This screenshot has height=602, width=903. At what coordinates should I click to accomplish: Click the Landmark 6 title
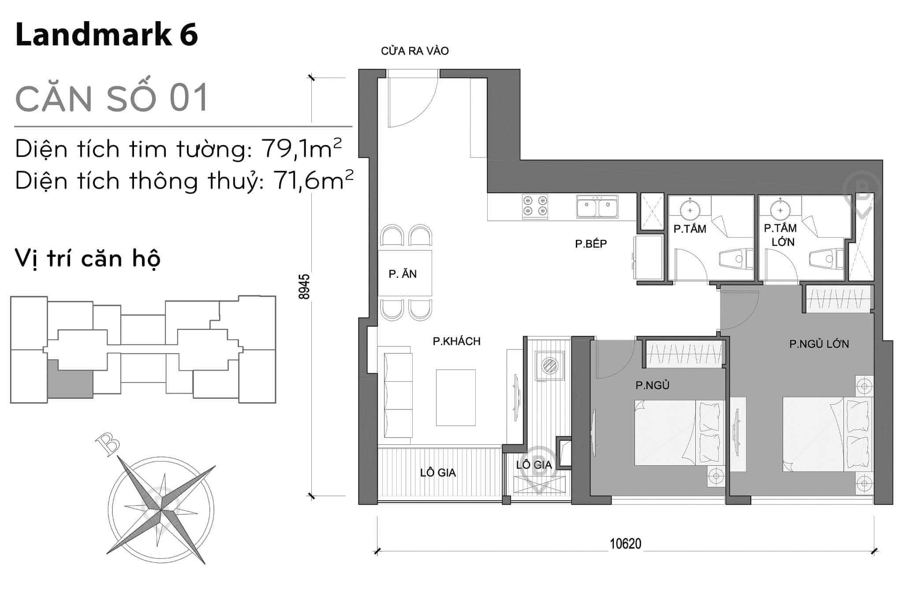point(107,35)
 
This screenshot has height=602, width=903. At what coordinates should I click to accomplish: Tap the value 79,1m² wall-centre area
point(302,149)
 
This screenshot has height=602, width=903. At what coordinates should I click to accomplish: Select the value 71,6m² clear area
point(313,181)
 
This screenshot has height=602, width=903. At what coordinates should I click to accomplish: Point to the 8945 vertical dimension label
point(305,287)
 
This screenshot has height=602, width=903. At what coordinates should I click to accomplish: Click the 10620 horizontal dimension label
point(625,544)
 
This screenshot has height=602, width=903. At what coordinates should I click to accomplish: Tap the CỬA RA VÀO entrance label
point(414,51)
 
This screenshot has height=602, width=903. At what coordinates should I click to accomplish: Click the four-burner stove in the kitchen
point(535,206)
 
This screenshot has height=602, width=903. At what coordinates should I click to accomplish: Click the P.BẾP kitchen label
point(591,244)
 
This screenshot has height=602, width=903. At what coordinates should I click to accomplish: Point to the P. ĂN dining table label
point(403,274)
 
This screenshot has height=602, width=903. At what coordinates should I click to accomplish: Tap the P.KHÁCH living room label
point(456,341)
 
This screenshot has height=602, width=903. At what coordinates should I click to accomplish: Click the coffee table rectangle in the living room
point(455,397)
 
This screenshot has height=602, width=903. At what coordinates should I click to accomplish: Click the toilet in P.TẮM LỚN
point(825,259)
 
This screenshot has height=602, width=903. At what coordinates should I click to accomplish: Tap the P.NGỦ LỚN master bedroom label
point(819,344)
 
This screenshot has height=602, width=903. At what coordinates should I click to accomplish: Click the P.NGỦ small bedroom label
point(652,386)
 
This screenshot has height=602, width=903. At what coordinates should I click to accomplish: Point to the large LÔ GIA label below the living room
point(437,473)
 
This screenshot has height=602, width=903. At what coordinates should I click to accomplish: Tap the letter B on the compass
point(108,444)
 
